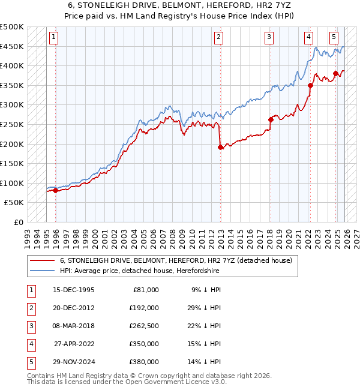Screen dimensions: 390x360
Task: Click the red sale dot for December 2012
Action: pos(220,147)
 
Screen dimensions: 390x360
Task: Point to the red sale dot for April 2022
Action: pos(310,85)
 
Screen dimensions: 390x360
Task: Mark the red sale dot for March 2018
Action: pos(271,119)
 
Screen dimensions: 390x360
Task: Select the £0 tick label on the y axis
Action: pos(19,222)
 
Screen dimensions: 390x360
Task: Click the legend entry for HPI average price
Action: pos(139,271)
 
